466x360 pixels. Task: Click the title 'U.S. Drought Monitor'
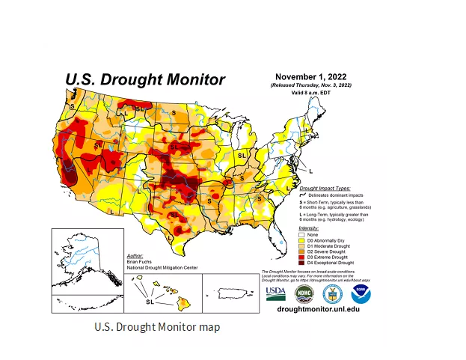[x=144, y=79]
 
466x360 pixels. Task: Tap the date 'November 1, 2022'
[x=311, y=77]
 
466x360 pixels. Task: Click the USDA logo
[x=275, y=293]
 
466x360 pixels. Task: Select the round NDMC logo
[x=303, y=293]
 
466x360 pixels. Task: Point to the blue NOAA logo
[x=362, y=293]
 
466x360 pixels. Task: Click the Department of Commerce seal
[x=333, y=293]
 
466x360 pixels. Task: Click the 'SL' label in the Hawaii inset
[x=150, y=302]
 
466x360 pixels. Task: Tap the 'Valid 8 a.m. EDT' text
[x=310, y=93]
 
